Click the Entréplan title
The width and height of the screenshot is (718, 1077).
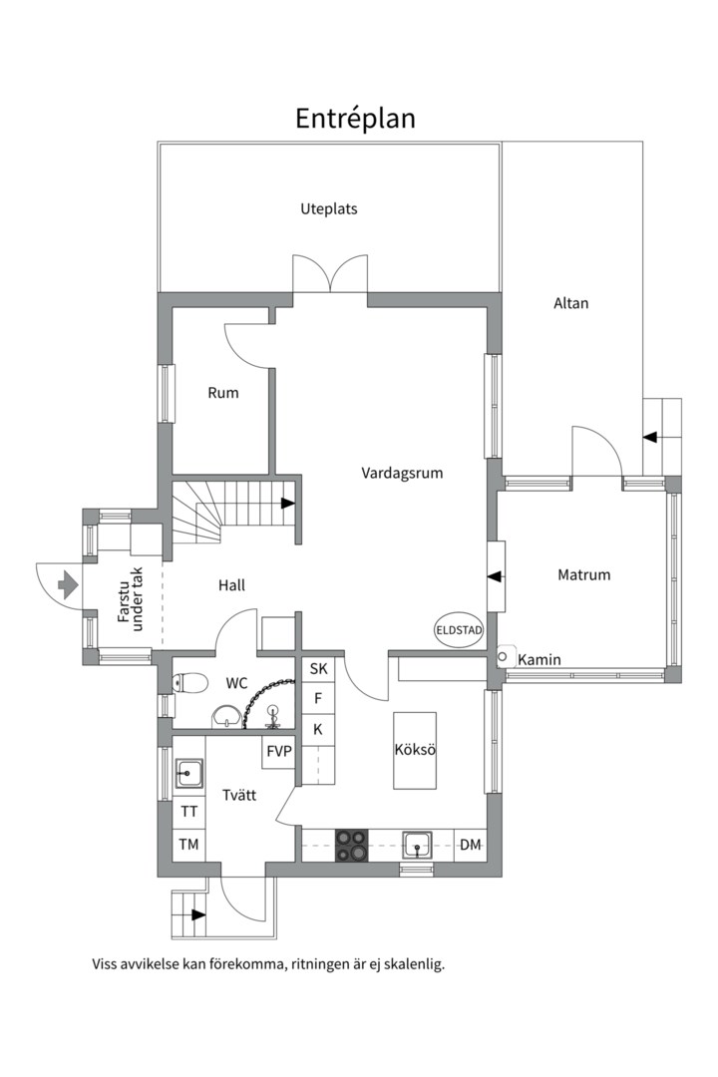355,119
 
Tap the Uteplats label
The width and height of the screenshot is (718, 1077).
328,209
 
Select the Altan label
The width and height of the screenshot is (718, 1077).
570,303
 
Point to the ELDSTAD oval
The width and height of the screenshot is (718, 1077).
459,630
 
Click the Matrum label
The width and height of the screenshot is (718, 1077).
583,574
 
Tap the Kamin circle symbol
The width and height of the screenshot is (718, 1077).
505,657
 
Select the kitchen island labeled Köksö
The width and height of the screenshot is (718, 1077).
416,750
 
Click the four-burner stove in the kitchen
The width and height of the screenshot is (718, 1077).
351,845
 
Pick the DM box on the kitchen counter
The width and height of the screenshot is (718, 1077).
470,845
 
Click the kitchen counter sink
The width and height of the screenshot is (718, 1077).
418,845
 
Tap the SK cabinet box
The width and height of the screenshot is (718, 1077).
318,669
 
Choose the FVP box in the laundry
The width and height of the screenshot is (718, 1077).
279,751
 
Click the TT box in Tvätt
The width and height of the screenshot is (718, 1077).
188,812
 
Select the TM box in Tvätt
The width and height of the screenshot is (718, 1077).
188,845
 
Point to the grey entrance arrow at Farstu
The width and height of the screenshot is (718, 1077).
69,584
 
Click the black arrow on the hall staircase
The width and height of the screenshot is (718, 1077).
287,504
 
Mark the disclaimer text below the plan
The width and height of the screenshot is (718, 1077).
267,964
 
